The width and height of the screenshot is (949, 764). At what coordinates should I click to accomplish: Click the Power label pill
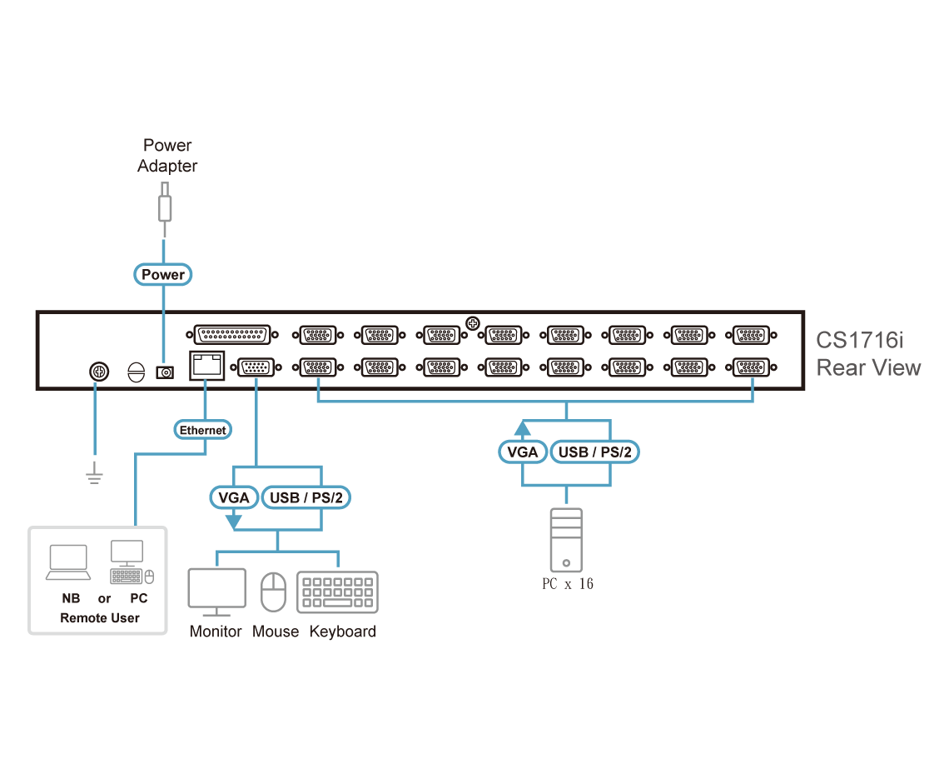click(x=163, y=274)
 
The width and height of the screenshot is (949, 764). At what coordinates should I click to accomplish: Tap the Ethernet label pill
click(x=202, y=430)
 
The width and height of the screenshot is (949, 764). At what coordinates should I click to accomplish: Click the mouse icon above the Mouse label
click(x=273, y=592)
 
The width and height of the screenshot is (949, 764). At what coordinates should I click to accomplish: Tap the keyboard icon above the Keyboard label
click(x=337, y=592)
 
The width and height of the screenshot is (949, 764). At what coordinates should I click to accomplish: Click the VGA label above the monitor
click(x=234, y=498)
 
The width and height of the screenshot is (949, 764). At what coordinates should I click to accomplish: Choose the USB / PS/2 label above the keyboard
click(x=306, y=498)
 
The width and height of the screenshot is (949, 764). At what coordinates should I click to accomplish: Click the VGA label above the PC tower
click(x=522, y=452)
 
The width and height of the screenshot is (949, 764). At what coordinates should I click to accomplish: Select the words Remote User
click(x=100, y=618)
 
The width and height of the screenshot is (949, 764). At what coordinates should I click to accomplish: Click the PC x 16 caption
click(x=568, y=584)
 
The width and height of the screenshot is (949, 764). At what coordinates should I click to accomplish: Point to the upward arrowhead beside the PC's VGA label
click(x=522, y=428)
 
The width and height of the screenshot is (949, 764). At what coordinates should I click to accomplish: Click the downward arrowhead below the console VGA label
click(x=234, y=521)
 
